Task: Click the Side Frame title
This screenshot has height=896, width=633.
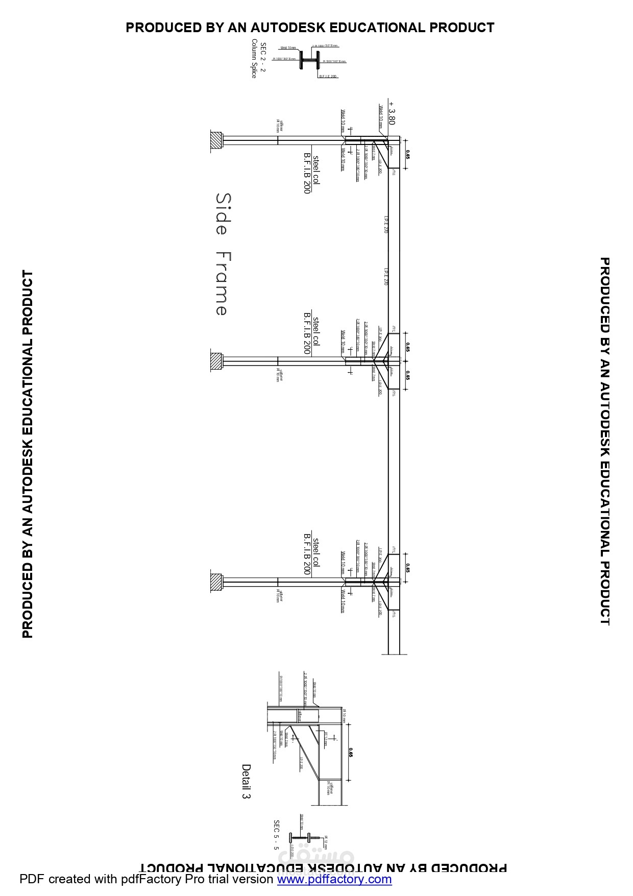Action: [x=223, y=254]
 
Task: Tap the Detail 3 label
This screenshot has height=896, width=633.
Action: [x=246, y=782]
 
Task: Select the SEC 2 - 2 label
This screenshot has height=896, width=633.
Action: [x=263, y=57]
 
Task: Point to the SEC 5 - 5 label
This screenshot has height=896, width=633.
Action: [x=276, y=835]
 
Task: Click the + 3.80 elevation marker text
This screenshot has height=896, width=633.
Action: [x=392, y=113]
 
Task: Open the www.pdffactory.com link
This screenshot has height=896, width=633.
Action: [x=334, y=879]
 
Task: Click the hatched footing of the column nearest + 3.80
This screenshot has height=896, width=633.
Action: [x=217, y=140]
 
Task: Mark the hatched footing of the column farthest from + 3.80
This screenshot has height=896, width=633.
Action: [x=217, y=582]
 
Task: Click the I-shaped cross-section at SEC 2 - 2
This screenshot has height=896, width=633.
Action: [x=309, y=60]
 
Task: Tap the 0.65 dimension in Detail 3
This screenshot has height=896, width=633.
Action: [x=351, y=752]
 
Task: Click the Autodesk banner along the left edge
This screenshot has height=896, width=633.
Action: [x=28, y=454]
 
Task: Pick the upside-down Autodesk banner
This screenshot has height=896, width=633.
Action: [x=324, y=867]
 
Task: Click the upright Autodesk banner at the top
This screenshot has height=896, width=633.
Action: [x=310, y=28]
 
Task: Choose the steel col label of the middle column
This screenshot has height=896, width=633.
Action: [x=316, y=331]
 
